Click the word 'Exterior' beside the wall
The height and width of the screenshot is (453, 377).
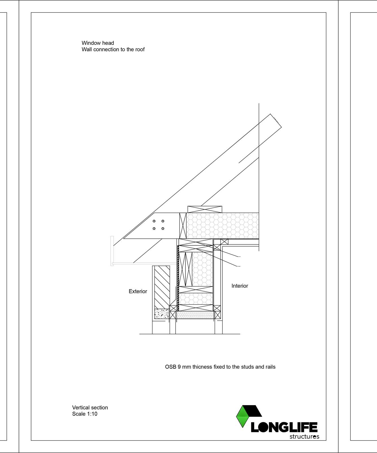(138, 291)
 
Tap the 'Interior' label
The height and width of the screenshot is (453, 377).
(240, 286)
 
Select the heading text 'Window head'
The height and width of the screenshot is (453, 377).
(98, 43)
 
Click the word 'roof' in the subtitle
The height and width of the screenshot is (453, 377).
(139, 50)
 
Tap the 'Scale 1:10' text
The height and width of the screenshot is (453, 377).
(85, 414)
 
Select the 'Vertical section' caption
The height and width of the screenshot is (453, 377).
(90, 408)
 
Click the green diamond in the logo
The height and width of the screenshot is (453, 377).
(242, 417)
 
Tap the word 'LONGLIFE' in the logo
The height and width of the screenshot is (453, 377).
(284, 427)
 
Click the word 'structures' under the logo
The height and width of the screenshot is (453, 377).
(304, 437)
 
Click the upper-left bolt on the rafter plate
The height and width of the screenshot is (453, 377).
(154, 221)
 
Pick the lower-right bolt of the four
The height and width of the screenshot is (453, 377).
(163, 228)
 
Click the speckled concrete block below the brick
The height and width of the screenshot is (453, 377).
(161, 314)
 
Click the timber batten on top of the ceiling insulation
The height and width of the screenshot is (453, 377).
(205, 210)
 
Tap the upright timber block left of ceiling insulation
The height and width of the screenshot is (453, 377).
(183, 226)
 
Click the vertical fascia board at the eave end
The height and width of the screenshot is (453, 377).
(112, 250)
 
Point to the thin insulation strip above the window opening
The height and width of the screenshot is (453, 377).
(195, 315)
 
